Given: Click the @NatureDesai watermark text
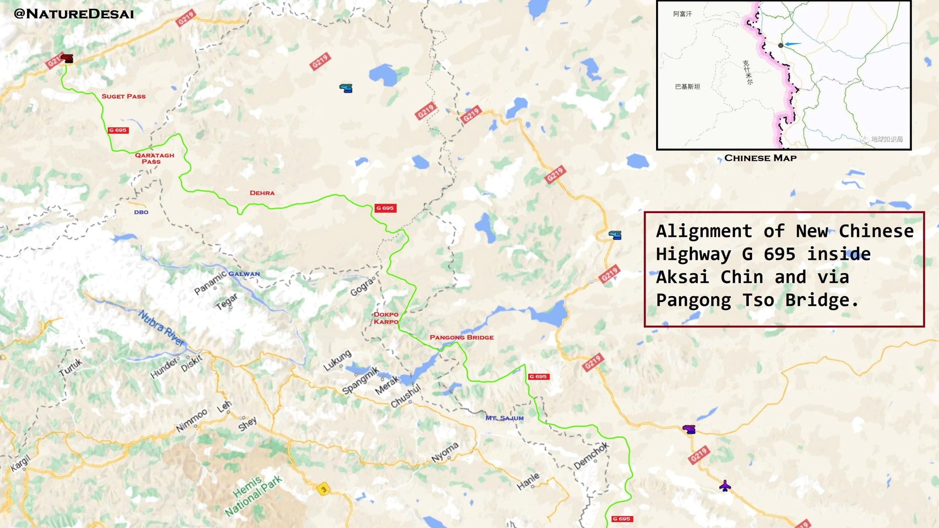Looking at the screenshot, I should pyautogui.click(x=74, y=14).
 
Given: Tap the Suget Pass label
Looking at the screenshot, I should pyautogui.click(x=123, y=96).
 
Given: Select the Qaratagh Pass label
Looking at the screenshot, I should pyautogui.click(x=154, y=158).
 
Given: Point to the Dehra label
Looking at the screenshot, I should pyautogui.click(x=262, y=193).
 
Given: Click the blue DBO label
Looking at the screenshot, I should pyautogui.click(x=141, y=212).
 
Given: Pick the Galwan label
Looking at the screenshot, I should pyautogui.click(x=244, y=274).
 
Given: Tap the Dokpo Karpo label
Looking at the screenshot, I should pyautogui.click(x=386, y=318).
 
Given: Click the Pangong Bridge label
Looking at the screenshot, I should pyautogui.click(x=461, y=337).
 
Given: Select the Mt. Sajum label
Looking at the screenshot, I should pyautogui.click(x=504, y=418).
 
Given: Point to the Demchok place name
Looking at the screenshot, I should pyautogui.click(x=591, y=455).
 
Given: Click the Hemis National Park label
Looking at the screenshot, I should pyautogui.click(x=253, y=495).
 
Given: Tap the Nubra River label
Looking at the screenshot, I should pyautogui.click(x=161, y=327).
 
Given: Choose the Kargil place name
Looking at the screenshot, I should pyautogui.click(x=21, y=462).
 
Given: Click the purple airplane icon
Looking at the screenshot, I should pyautogui.click(x=724, y=485).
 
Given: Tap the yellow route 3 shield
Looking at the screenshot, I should pyautogui.click(x=324, y=489).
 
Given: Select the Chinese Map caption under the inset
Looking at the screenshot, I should pyautogui.click(x=760, y=158).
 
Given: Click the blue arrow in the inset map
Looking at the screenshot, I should pyautogui.click(x=793, y=44).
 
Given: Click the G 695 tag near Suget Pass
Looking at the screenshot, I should pyautogui.click(x=118, y=130).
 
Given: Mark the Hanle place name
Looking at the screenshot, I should pyautogui.click(x=528, y=481).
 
